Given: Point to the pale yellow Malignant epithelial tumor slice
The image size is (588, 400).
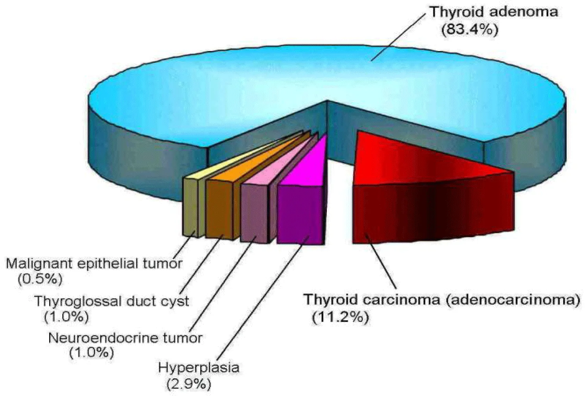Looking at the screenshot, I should coord(236,157).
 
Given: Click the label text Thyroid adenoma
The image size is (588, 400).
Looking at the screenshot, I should coord(493,12).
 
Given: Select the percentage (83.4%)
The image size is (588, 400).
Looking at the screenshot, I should coord(470,29).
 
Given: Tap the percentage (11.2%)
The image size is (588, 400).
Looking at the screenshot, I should coord(340,317).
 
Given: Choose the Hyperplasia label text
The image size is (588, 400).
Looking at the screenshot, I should coord(198,368).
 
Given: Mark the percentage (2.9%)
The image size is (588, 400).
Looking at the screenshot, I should coord(189,384).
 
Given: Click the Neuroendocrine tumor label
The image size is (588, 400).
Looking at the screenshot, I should coord(125,338).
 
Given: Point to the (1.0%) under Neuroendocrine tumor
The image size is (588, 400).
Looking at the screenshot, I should coord(91,352).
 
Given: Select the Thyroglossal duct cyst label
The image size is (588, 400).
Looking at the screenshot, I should coord(112,301).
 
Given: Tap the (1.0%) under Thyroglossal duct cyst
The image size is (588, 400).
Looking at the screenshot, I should coord(66,316).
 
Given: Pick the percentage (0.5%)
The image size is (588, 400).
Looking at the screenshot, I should coord(40,279).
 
